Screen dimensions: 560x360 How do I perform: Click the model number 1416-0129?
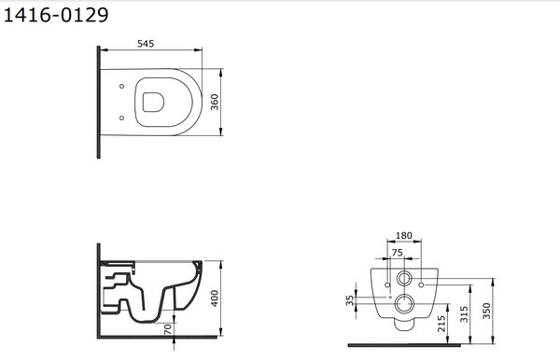click(x=56, y=15)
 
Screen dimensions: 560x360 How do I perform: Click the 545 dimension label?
click(x=146, y=44)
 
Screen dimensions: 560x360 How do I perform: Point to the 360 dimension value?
click(x=215, y=102)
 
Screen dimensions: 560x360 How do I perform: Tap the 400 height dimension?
click(x=215, y=298)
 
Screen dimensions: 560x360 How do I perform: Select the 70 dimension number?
click(x=167, y=329)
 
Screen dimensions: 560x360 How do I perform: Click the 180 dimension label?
click(x=404, y=235)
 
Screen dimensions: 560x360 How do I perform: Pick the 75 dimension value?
click(x=398, y=253)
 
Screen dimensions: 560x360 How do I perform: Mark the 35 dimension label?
click(x=350, y=300)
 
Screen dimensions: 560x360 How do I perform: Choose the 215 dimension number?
click(x=441, y=324)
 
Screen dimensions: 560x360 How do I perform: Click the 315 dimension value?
click(x=464, y=314)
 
